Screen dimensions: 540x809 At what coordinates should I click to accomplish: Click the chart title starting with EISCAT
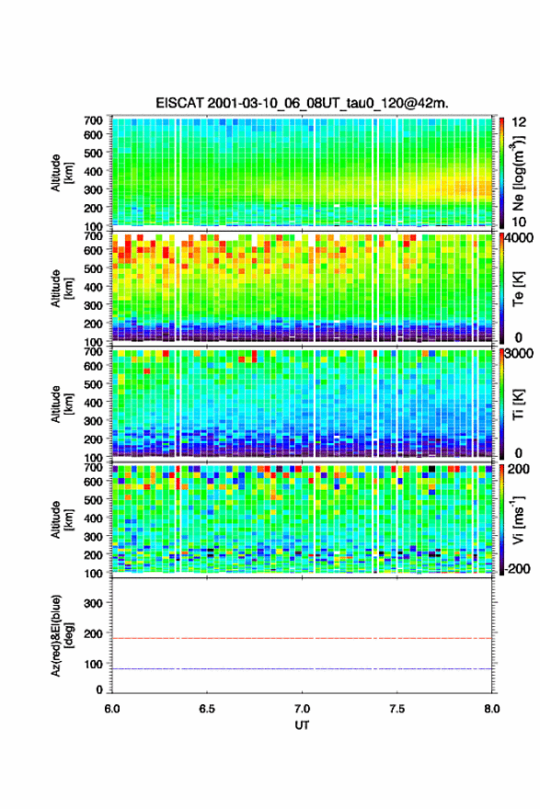pyautogui.click(x=302, y=103)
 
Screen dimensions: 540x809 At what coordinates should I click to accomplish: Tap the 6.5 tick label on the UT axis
pyautogui.click(x=207, y=709)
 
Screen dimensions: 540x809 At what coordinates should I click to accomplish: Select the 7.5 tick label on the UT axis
pyautogui.click(x=397, y=709)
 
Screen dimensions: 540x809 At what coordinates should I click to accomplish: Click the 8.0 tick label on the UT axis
pyautogui.click(x=492, y=709)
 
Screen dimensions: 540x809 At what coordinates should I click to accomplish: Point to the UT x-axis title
pyautogui.click(x=302, y=725)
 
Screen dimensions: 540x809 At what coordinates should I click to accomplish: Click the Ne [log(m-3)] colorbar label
pyautogui.click(x=518, y=174)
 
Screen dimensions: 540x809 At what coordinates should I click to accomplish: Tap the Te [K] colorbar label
pyautogui.click(x=518, y=288)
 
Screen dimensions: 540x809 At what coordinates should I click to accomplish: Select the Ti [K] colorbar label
pyautogui.click(x=518, y=404)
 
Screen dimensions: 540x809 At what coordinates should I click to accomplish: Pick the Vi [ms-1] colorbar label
pyautogui.click(x=518, y=519)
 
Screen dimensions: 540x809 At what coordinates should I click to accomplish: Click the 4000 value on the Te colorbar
pyautogui.click(x=519, y=238)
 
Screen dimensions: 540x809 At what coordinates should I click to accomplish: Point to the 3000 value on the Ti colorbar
pyautogui.click(x=519, y=353)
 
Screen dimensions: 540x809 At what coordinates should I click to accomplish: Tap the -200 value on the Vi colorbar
pyautogui.click(x=518, y=568)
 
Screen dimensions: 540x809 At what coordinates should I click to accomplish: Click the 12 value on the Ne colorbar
pyautogui.click(x=519, y=122)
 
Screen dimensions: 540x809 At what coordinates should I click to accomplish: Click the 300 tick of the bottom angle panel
pyautogui.click(x=94, y=603)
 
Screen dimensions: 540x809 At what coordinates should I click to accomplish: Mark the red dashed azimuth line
pyautogui.click(x=302, y=638)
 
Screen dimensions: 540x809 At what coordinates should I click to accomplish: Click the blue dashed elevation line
pyautogui.click(x=302, y=668)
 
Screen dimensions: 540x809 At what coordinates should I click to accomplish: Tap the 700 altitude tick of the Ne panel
pyautogui.click(x=94, y=120)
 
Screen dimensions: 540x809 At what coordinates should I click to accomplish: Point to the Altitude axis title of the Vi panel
pyautogui.click(x=62, y=519)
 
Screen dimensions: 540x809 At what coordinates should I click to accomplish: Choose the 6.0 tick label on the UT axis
pyautogui.click(x=112, y=709)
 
